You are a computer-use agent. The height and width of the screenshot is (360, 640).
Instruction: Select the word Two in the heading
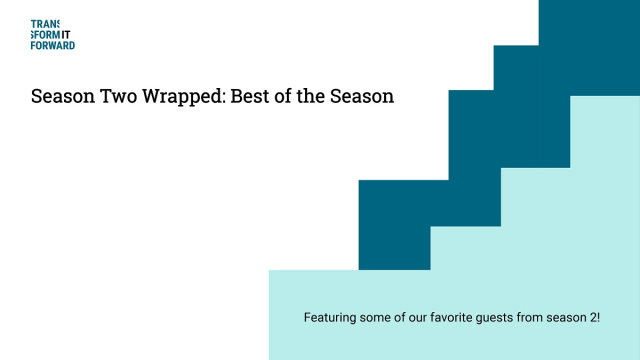pyautogui.click(x=117, y=98)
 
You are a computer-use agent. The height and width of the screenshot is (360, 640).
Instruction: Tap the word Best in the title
pyautogui.click(x=249, y=98)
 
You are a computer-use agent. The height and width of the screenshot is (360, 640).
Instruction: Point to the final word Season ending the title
pyautogui.click(x=362, y=98)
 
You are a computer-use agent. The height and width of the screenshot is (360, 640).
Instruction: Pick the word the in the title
pyautogui.click(x=311, y=98)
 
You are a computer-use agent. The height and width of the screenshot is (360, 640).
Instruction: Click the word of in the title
pyautogui.click(x=283, y=98)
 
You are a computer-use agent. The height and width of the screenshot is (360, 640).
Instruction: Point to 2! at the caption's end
pyautogui.click(x=593, y=318)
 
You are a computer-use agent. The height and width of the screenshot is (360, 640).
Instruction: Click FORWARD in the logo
pyautogui.click(x=53, y=45)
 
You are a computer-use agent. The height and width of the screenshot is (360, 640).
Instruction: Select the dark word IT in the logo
pyautogui.click(x=66, y=35)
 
